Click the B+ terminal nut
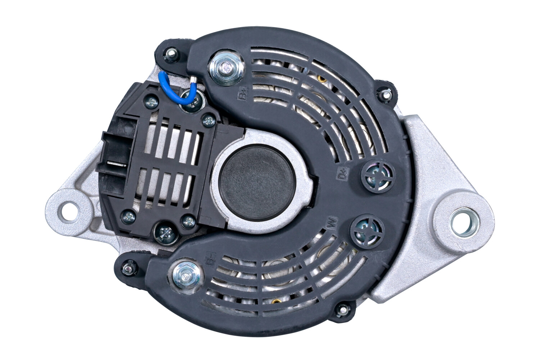click(226, 67)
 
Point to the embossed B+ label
click(243, 95)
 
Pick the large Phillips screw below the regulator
click(167, 234)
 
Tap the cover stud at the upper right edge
click(385, 94)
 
